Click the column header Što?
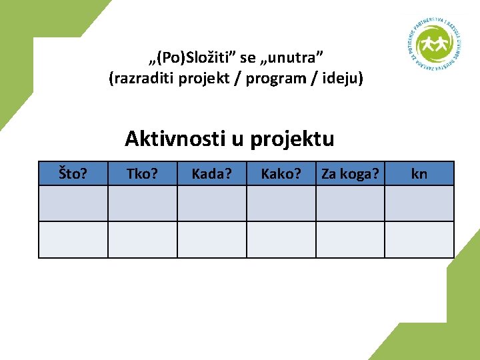(73, 174)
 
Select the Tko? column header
(142, 174)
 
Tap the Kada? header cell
(211, 174)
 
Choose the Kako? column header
(281, 174)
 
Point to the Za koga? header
(350, 174)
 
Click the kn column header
(419, 174)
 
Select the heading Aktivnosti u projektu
(229, 139)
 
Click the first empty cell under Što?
(73, 203)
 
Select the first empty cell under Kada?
(211, 203)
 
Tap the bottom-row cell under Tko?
(142, 239)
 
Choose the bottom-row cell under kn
(419, 239)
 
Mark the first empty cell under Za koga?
(350, 203)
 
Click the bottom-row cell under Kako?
(281, 239)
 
